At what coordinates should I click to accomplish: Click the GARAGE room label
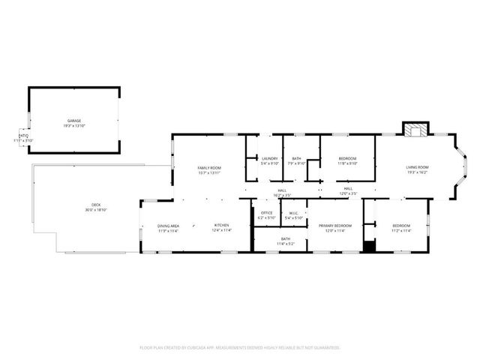coord(73,120)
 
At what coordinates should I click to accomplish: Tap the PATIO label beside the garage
coord(24,136)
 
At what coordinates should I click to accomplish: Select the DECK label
coord(96,204)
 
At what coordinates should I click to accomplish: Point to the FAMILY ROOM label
coord(209,167)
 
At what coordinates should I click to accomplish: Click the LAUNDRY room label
coord(270,158)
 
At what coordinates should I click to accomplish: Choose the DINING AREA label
coord(168,226)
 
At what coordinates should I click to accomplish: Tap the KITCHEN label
coord(222,226)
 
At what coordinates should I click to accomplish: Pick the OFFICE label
coord(266,213)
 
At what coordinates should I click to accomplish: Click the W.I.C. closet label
coord(295,213)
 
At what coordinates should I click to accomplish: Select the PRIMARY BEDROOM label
coord(334,226)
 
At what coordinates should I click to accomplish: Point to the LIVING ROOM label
coord(417,167)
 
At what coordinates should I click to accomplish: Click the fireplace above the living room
coord(414,130)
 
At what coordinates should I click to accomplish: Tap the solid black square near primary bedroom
coord(368,244)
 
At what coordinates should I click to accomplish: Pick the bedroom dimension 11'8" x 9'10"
coord(347,163)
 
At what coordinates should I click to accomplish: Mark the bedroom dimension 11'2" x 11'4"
coord(401,230)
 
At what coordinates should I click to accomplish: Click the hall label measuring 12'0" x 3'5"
coord(349,193)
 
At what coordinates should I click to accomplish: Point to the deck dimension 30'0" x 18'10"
coord(96,209)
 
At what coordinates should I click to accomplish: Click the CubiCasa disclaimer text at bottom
coord(240,348)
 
